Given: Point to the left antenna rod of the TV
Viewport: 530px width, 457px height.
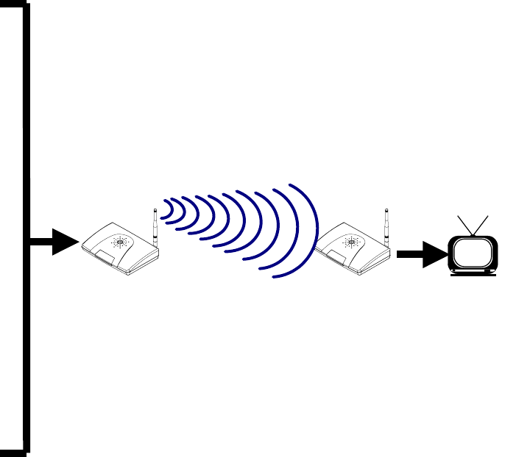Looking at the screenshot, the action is [x=464, y=226].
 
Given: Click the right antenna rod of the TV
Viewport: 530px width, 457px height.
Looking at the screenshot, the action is [x=481, y=226].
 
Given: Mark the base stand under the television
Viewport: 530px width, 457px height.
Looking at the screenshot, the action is [x=473, y=273].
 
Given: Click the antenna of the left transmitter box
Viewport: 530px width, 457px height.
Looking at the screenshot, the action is [x=155, y=228].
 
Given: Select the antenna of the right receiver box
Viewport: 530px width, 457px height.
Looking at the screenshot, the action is [x=386, y=228].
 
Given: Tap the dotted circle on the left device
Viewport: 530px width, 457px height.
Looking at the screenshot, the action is [x=119, y=241].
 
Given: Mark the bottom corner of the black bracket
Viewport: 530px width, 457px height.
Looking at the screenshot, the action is [x=26, y=448].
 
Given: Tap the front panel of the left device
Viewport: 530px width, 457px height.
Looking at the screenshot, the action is [x=103, y=256].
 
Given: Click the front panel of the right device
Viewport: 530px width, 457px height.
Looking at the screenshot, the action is [x=335, y=256].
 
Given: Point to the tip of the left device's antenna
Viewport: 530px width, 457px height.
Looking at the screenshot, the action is [x=155, y=210].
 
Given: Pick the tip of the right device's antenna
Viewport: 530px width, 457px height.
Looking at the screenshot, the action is [x=386, y=210].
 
